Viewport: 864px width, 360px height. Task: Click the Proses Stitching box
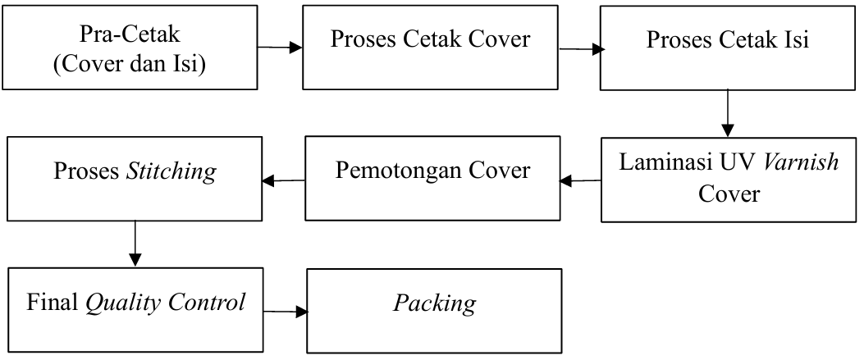pos(134,177)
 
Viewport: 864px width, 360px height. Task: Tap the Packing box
pos(435,308)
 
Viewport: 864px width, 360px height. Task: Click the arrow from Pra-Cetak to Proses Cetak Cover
pos(279,48)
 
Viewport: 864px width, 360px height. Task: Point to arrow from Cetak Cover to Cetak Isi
pos(580,48)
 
